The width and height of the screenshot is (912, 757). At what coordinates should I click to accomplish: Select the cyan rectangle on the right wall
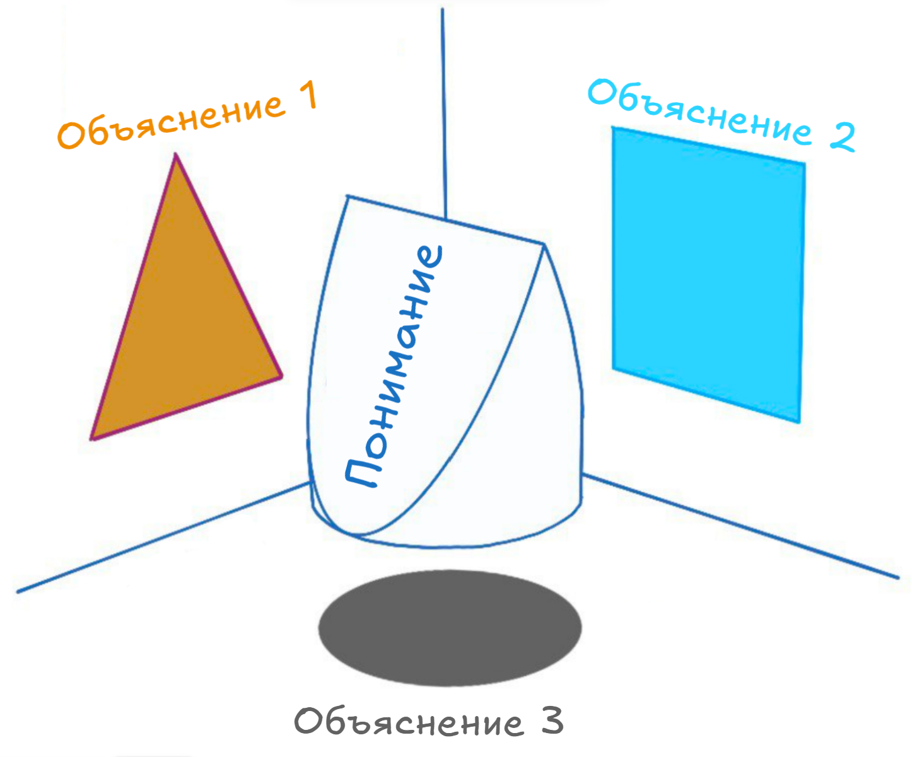click(x=708, y=275)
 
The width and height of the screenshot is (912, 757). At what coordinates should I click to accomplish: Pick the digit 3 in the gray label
click(x=552, y=721)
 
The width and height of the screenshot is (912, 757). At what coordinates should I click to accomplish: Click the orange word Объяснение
click(x=171, y=122)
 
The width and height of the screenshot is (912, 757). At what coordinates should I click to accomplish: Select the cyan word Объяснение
click(x=700, y=112)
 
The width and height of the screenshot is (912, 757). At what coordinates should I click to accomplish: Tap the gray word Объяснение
click(x=409, y=722)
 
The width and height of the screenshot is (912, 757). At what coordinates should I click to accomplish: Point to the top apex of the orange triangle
click(x=175, y=153)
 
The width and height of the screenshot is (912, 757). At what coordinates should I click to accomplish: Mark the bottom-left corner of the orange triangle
click(x=91, y=439)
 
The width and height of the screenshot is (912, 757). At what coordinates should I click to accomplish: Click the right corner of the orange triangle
click(x=282, y=376)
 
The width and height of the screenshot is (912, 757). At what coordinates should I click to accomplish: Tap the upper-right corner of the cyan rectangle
click(x=805, y=163)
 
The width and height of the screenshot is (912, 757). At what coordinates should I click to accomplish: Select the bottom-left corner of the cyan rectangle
click(x=613, y=369)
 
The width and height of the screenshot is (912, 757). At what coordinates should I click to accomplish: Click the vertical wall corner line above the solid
click(x=443, y=113)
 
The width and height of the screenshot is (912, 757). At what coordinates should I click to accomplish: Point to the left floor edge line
click(x=164, y=537)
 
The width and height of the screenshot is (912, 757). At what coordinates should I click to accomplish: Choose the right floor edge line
click(x=741, y=526)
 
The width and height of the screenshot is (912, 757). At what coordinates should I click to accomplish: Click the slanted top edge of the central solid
click(x=445, y=219)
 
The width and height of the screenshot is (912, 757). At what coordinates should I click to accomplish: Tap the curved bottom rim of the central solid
click(x=445, y=546)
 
